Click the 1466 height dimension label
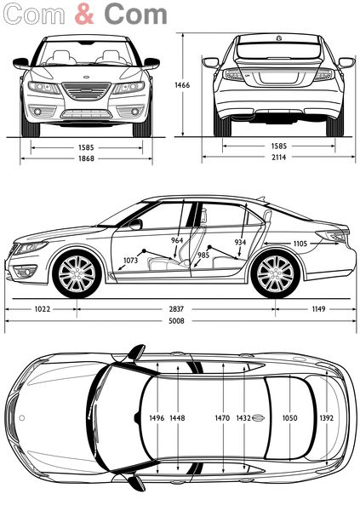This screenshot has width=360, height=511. tap(182, 85)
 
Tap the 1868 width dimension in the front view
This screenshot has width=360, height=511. tap(86, 158)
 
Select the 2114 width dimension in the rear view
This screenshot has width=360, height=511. tap(279, 157)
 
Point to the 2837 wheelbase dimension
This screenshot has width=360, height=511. tap(176, 309)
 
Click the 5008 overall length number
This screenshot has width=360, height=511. tap(176, 321)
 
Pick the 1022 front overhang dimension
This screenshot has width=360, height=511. tap(43, 309)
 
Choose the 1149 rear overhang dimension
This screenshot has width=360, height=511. tap(318, 309)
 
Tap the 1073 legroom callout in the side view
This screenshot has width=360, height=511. tap(130, 260)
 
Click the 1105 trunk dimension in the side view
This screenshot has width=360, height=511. tap(300, 244)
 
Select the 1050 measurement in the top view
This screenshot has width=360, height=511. tap(289, 418)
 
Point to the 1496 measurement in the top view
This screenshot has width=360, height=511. tap(157, 418)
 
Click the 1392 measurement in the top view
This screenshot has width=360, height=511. tap(327, 418)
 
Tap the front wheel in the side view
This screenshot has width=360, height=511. tap(77, 273)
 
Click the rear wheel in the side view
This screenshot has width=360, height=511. tap(275, 273)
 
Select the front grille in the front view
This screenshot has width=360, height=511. tap(86, 91)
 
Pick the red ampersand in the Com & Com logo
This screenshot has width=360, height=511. tap(84, 14)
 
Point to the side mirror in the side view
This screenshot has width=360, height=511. tap(136, 224)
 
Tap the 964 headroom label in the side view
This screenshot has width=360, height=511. tap(177, 240)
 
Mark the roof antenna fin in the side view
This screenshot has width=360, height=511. tap(260, 198)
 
